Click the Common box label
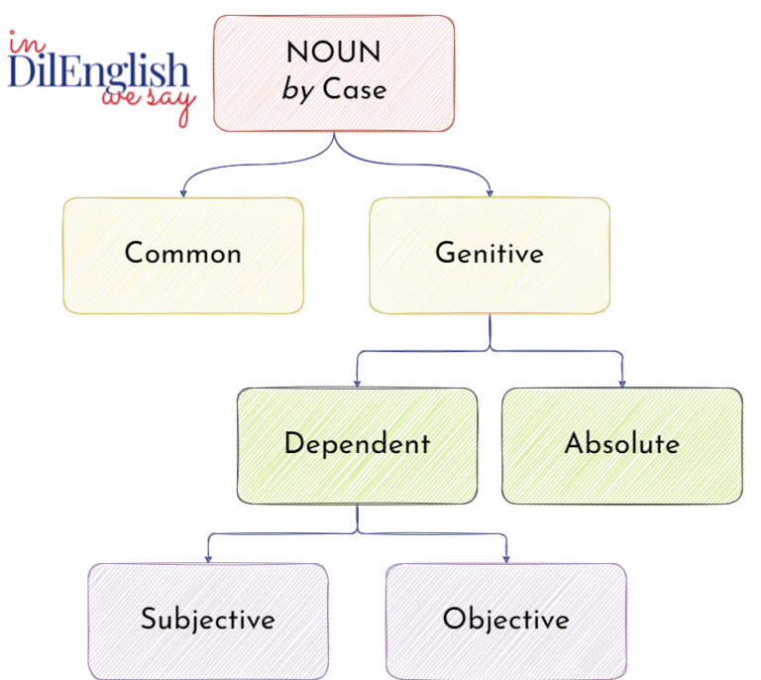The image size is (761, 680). tap(183, 253)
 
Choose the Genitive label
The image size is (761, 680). tap(489, 253)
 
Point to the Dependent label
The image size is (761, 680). tap(357, 443)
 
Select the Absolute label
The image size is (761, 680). tap(622, 443)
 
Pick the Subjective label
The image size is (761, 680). tap(207, 620)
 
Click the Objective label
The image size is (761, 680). tap(506, 620)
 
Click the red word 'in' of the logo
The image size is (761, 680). tap(21, 43)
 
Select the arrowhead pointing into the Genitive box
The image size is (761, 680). tap(489, 191)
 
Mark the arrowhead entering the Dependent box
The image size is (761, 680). tap(357, 383)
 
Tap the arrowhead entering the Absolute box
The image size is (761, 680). tap(622, 383)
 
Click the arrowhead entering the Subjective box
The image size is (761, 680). tap(207, 558)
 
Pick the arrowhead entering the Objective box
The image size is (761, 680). tap(506, 558)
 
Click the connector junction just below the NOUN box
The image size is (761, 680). tap(335, 149)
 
